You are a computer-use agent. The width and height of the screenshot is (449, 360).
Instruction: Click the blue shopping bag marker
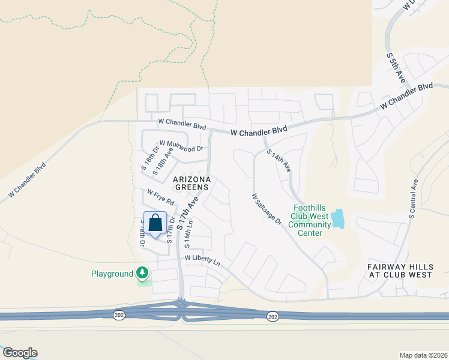pyautogui.click(x=155, y=223)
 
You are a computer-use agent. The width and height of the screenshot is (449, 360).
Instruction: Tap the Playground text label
pyautogui.click(x=112, y=274)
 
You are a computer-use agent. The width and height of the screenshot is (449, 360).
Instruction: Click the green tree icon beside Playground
pyautogui.click(x=142, y=274)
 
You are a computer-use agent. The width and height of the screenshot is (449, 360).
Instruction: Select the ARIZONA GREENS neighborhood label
pyautogui.click(x=192, y=183)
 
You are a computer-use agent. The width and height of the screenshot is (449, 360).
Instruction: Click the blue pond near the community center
pyautogui.click(x=339, y=218)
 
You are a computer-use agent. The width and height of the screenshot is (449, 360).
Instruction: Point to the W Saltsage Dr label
pyautogui.click(x=267, y=209)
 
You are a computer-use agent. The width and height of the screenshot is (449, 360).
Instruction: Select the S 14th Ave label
pyautogui.click(x=279, y=161)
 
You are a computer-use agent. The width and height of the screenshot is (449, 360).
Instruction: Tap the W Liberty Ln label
pyautogui.click(x=202, y=260)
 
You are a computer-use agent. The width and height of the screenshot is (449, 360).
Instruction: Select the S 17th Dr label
pyautogui.click(x=171, y=229)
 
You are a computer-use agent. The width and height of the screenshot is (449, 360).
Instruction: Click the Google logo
pyautogui.click(x=20, y=353)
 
